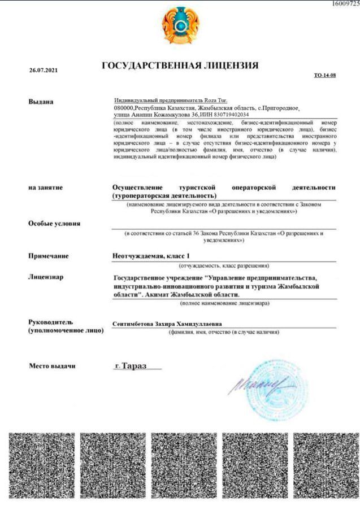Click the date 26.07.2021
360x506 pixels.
pos(43,71)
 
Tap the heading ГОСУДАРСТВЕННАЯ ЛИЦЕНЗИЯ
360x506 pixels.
pos(180,66)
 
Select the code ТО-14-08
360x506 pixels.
pos(325,75)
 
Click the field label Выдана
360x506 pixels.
pos(41,102)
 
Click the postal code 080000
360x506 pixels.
pos(123,107)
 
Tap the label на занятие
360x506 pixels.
pos(45,187)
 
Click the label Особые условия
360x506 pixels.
pos(54,223)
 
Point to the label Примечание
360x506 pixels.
pos(48,256)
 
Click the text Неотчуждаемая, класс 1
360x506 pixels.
pos(152,256)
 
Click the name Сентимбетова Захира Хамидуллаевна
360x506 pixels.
pos(167,324)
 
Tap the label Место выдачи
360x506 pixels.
pos(52,366)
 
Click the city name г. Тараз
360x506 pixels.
pos(130,366)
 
